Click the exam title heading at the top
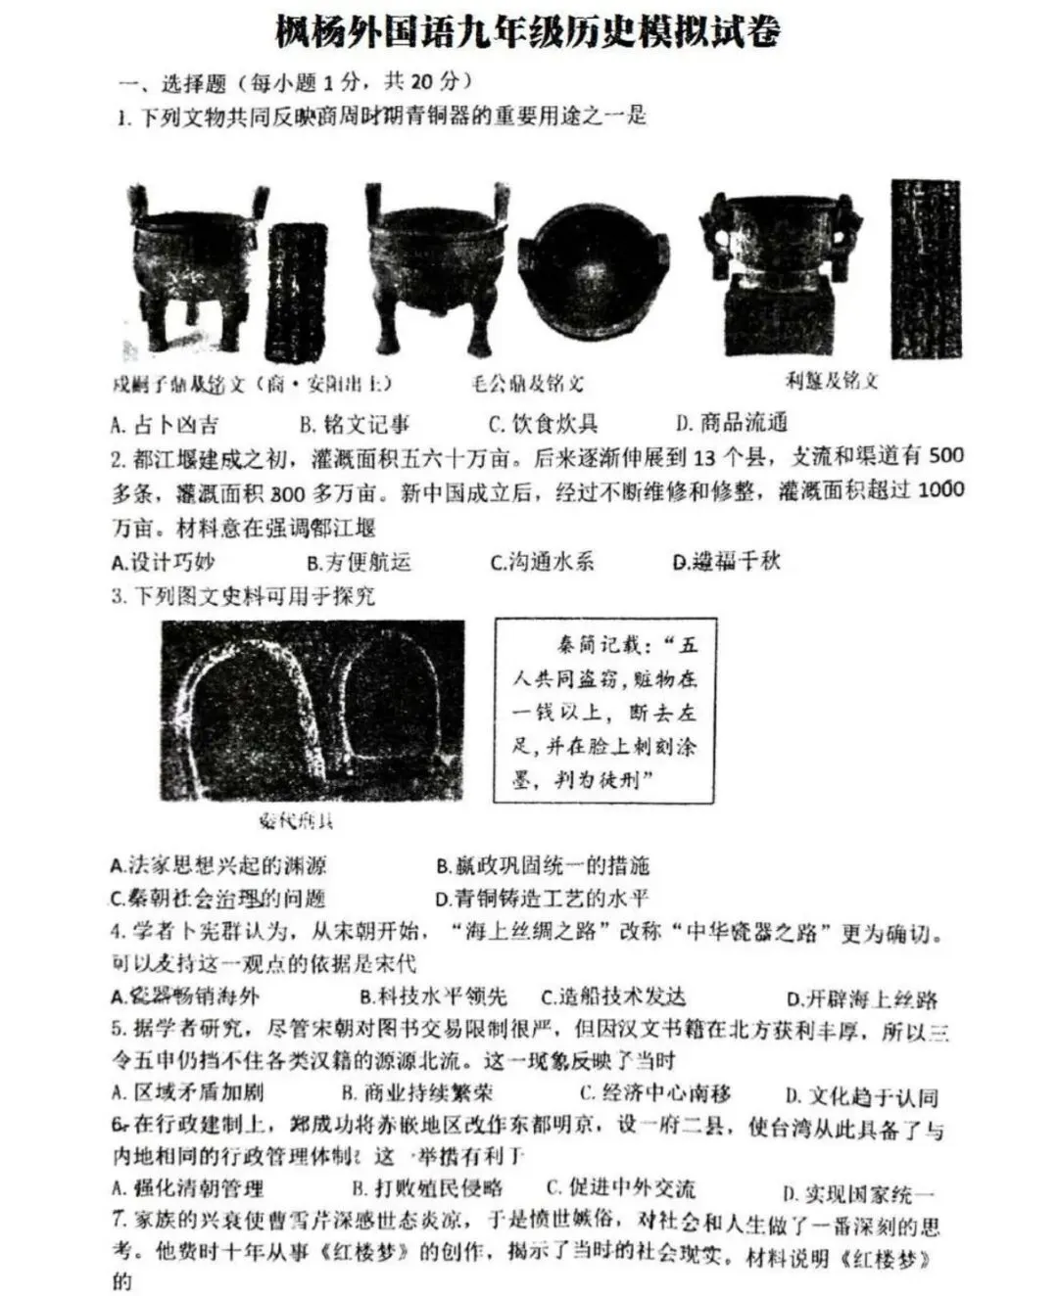pyautogui.click(x=529, y=31)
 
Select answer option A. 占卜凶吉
pyautogui.click(x=164, y=425)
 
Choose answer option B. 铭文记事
pyautogui.click(x=355, y=425)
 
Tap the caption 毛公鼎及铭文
pyautogui.click(x=527, y=383)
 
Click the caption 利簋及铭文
pyautogui.click(x=832, y=380)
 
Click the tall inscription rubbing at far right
pyautogui.click(x=925, y=268)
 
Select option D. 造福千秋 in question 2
pyautogui.click(x=727, y=562)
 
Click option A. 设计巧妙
pyautogui.click(x=163, y=562)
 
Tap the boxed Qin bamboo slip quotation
pyautogui.click(x=604, y=711)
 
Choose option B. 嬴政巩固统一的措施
pyautogui.click(x=543, y=865)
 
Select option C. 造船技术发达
pyautogui.click(x=613, y=996)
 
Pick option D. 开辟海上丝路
pyautogui.click(x=862, y=998)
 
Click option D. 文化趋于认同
pyautogui.click(x=861, y=1096)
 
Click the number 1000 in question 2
pyautogui.click(x=940, y=489)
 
